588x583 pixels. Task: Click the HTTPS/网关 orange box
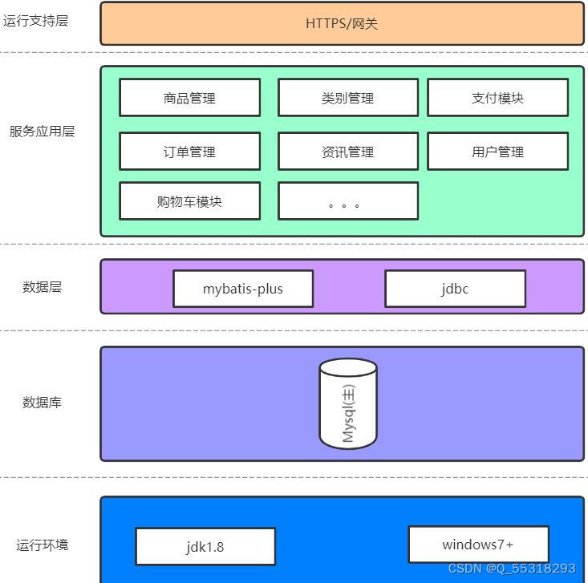[342, 23]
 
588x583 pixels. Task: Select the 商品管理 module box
[189, 98]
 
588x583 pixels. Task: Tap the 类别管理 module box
[347, 98]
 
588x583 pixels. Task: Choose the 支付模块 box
[497, 98]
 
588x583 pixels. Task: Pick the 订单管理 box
[189, 152]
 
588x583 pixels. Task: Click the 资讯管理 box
[347, 152]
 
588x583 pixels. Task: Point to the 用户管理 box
[497, 152]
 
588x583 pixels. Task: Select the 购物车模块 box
[189, 201]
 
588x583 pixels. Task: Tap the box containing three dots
[347, 201]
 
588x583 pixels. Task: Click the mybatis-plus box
[242, 289]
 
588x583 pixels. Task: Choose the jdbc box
[455, 289]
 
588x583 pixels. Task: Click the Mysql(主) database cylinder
[348, 403]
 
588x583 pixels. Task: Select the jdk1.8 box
[205, 547]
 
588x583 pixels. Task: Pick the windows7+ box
[478, 545]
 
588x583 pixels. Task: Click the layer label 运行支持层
[35, 21]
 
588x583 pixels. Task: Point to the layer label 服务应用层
[42, 132]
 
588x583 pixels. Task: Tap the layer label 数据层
[42, 287]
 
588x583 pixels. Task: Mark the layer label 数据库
[42, 403]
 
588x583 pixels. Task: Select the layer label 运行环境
[42, 545]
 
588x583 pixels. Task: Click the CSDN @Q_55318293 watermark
[511, 569]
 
